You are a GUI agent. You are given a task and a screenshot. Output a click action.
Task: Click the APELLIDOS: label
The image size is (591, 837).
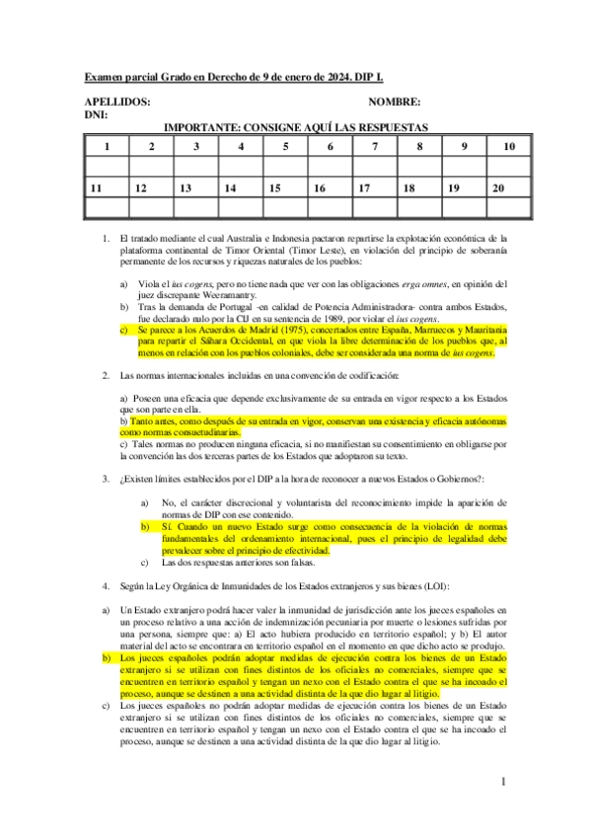(x=117, y=102)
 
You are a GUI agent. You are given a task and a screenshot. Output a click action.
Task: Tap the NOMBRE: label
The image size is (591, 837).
(x=395, y=102)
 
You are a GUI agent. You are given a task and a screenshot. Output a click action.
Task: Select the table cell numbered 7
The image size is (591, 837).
(x=375, y=147)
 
